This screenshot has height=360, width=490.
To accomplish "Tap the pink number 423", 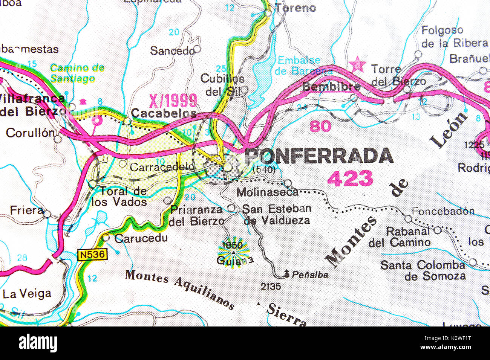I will coord(350,178).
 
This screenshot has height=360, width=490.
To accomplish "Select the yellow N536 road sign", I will coord(93,255).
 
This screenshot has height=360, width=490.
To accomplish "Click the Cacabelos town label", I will coord(164,113).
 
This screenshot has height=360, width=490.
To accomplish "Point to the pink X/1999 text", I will coord(173,101).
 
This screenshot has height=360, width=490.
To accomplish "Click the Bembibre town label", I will coord(331,87).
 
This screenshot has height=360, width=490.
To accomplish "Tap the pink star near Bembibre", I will coord(357,65).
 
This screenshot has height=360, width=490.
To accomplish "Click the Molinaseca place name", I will coord(268,192).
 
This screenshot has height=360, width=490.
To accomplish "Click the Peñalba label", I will coord(310,275).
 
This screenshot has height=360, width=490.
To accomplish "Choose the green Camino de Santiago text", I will coord(77,73).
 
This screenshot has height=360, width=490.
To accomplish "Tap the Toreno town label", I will coord(295,8).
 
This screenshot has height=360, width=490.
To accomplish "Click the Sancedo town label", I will coord(172,50).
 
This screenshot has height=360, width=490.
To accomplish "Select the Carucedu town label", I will coord(141,238).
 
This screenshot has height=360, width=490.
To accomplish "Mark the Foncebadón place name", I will coord(443,211).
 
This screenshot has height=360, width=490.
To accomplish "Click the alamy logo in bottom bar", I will coord(38,343).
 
